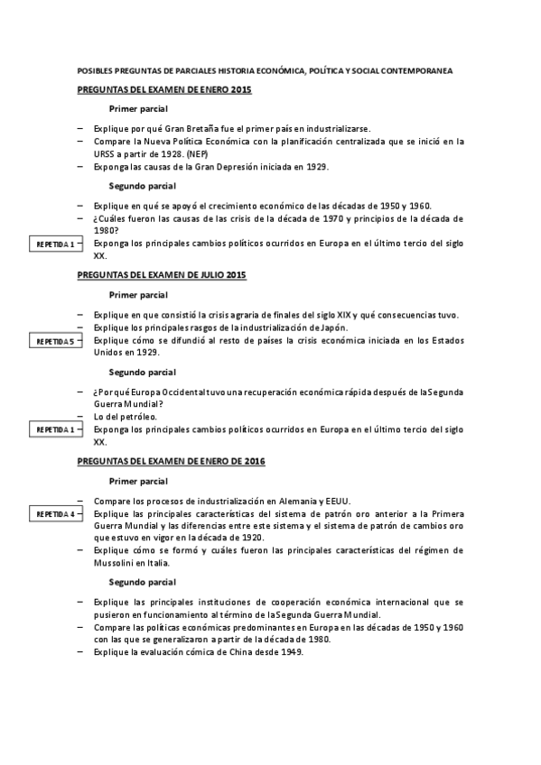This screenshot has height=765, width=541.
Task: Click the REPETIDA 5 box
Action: [x=55, y=341]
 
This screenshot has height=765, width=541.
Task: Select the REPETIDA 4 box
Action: [x=55, y=514]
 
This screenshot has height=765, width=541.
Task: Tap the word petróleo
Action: [x=137, y=417]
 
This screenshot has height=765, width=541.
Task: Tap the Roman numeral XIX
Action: [x=343, y=314]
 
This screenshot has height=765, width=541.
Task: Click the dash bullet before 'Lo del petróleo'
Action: [x=80, y=417]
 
